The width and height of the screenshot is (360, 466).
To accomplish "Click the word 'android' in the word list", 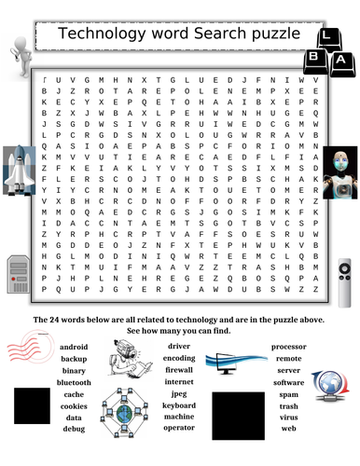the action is click(x=75, y=347).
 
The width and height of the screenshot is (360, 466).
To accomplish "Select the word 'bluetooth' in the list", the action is click(x=75, y=381).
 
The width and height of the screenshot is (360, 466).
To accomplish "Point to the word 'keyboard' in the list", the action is click(x=179, y=405).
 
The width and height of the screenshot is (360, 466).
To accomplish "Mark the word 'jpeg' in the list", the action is click(x=179, y=393).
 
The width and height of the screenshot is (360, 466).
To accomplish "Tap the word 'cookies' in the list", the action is click(x=75, y=405).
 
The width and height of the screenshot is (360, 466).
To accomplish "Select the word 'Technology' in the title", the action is click(x=104, y=34).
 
